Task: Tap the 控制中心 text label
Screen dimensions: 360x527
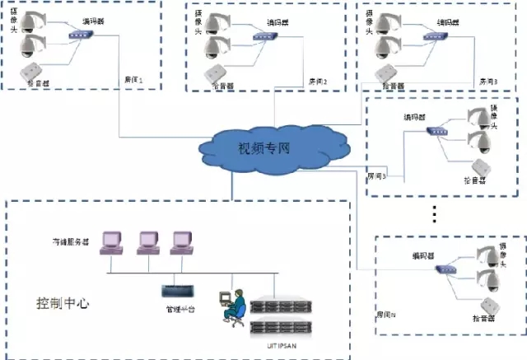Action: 62,302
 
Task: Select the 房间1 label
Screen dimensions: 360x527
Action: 133,80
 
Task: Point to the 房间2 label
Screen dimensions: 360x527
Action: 318,81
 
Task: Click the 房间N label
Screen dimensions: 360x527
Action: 386,315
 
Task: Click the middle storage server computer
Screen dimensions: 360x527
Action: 148,241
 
